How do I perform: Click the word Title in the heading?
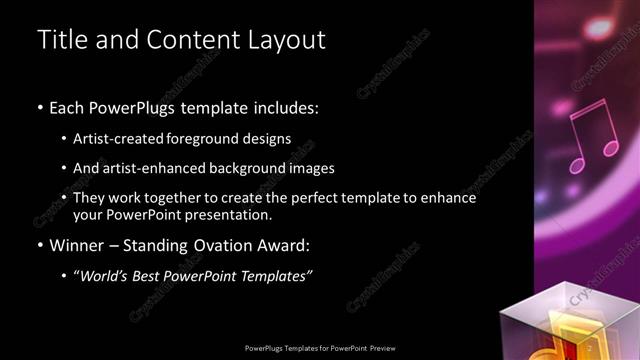(x=64, y=40)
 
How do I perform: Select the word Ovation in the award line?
(x=220, y=244)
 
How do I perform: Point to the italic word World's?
(x=104, y=275)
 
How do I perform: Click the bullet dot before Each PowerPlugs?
(x=40, y=107)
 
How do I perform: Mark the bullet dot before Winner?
(x=40, y=245)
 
